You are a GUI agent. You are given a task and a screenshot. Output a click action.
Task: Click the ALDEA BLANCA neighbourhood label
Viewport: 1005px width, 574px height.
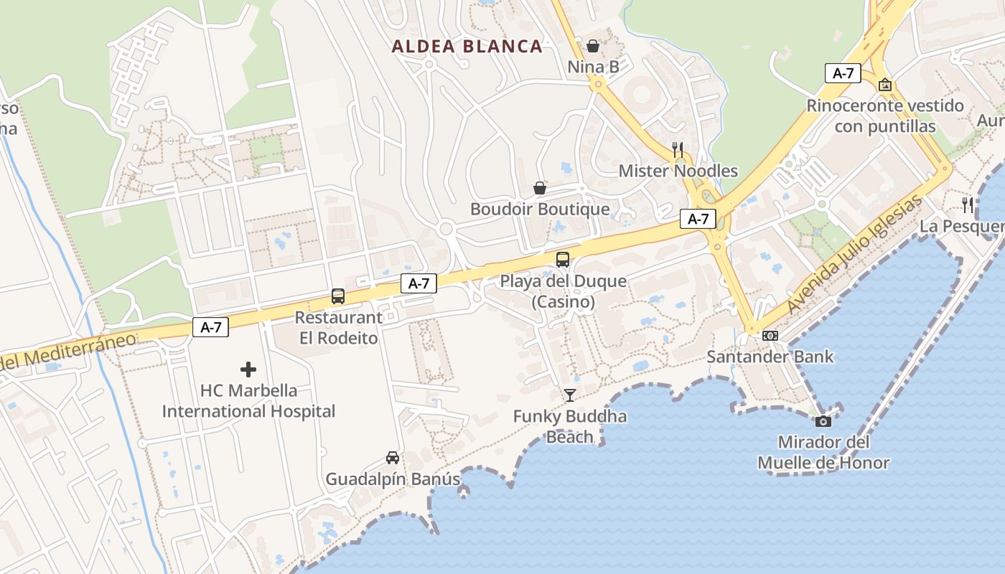[467, 47]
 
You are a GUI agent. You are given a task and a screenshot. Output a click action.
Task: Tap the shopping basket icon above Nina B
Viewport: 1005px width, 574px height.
[593, 46]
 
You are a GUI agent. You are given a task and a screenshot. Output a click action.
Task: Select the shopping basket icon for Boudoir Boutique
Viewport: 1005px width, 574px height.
[540, 188]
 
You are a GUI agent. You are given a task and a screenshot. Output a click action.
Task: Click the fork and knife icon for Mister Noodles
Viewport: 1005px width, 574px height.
[677, 149]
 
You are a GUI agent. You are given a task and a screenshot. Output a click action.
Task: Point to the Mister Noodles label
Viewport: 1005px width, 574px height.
[678, 171]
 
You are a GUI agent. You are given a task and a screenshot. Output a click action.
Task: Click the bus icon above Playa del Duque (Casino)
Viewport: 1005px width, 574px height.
[563, 260]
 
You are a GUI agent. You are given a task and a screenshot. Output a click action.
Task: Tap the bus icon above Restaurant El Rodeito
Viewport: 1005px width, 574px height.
[338, 296]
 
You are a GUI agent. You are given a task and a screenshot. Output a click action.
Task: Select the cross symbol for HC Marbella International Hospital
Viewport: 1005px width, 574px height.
[248, 370]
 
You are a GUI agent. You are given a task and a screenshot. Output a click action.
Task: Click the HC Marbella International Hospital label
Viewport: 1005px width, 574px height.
[248, 401]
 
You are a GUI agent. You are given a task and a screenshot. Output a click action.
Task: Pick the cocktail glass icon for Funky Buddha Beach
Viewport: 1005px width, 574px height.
[570, 395]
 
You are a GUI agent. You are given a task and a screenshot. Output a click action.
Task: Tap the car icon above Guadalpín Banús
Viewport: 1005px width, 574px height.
[393, 457]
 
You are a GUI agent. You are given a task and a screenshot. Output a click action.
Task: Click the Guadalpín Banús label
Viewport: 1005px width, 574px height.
[393, 479]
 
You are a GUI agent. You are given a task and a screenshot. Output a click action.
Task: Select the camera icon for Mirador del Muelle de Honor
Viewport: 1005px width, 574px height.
[823, 420]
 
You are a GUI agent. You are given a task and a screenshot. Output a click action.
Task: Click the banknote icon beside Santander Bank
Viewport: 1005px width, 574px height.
[770, 335]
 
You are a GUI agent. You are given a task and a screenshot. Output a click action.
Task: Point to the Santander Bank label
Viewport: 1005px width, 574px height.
[770, 357]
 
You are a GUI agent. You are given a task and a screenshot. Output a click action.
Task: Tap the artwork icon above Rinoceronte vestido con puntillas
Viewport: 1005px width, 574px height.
[885, 85]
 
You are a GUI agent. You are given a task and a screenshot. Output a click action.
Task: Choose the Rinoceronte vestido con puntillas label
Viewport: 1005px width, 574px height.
[885, 116]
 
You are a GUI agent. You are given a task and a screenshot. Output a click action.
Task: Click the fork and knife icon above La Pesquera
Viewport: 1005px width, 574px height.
[968, 205]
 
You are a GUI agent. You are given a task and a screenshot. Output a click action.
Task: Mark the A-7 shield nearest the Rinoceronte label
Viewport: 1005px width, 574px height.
[843, 73]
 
